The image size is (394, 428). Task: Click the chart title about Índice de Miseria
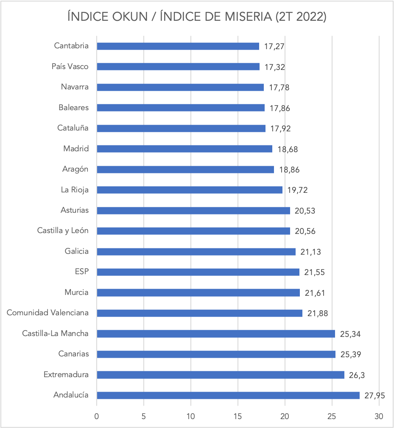(x=197, y=17)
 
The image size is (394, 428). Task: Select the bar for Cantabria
(x=178, y=46)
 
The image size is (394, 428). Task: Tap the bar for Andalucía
(x=228, y=395)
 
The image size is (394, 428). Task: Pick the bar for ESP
(x=198, y=272)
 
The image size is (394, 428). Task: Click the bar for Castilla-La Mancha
(x=215, y=334)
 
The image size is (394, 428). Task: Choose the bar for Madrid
(x=184, y=149)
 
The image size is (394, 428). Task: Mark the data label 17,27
(x=274, y=47)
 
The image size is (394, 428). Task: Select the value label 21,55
(x=314, y=272)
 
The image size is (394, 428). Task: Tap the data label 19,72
(x=297, y=190)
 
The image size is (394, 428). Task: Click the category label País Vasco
(x=70, y=67)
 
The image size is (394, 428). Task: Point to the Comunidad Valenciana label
(x=48, y=313)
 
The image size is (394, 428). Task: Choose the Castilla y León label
(x=63, y=231)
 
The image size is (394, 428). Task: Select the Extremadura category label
(x=66, y=375)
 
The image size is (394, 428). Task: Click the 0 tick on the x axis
(x=97, y=416)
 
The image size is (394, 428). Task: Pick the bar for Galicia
(x=196, y=252)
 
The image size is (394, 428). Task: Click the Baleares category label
(x=74, y=108)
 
